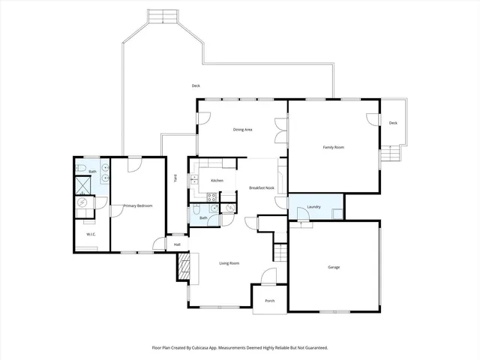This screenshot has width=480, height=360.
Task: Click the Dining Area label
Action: click(x=242, y=130)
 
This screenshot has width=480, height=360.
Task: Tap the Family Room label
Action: click(x=334, y=147)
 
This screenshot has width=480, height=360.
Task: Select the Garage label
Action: click(x=334, y=267)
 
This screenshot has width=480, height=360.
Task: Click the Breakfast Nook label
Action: click(x=262, y=187)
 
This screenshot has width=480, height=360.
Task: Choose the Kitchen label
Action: click(x=217, y=181)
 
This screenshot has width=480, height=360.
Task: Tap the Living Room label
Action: click(x=229, y=263)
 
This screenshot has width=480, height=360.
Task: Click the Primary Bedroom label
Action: click(x=137, y=205)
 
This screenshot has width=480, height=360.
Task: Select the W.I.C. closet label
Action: click(x=91, y=235)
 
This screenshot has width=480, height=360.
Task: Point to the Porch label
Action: click(x=269, y=301)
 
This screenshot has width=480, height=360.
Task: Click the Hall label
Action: click(x=177, y=244)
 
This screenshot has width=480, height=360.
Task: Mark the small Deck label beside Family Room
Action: click(x=392, y=123)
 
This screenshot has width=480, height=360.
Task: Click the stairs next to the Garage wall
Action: click(x=280, y=253)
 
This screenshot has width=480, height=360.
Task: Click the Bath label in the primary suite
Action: click(x=92, y=172)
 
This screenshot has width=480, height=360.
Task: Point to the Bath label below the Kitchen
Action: click(x=203, y=217)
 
